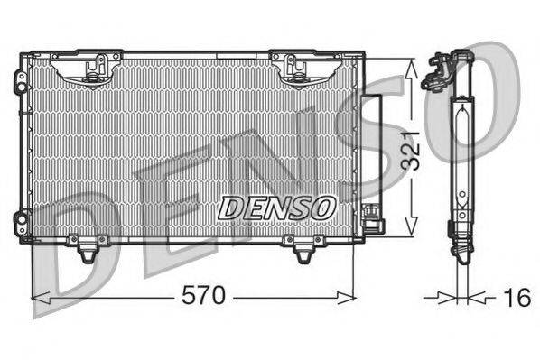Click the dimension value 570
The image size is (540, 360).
(205, 296)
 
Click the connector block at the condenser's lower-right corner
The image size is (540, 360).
(370, 217)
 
